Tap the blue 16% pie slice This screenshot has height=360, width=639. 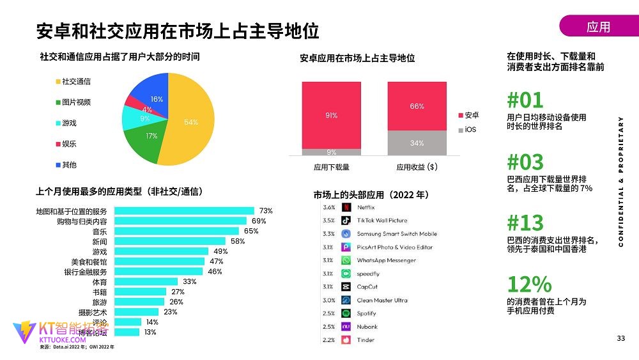153,93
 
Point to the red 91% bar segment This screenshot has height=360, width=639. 331,115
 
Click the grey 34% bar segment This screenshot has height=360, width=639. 417,143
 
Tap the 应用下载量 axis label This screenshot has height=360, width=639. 331,168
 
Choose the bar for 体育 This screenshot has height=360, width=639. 146,281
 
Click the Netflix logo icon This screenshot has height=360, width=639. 346,207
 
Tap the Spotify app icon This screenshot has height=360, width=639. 346,313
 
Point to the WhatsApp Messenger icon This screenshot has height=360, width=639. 346,260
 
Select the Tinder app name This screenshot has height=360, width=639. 366,340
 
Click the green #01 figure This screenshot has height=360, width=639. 525,100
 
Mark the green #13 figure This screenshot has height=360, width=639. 525,223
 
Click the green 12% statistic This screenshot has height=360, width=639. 529,284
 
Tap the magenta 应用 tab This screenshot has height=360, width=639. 598,26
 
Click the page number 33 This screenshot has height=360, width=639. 620,338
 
